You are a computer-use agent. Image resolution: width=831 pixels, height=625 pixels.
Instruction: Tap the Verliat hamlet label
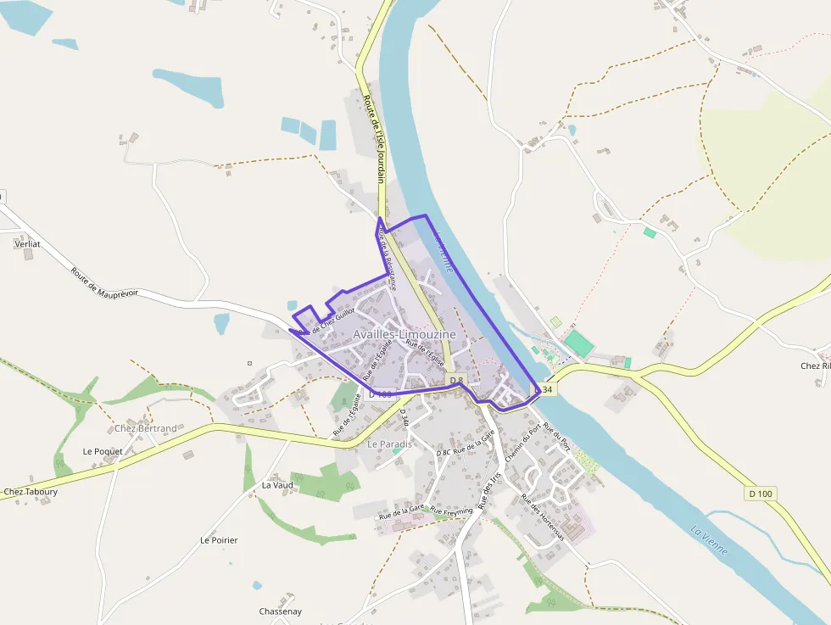28,244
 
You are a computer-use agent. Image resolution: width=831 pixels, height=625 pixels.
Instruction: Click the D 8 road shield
455,380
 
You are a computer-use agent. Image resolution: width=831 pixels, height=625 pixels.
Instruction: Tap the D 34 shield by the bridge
545,389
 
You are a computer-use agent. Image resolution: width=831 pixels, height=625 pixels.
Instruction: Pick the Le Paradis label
389,444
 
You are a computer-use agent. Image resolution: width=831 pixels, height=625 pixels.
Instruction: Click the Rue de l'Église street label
426,351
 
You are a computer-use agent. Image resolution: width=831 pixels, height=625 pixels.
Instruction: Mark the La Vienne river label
709,541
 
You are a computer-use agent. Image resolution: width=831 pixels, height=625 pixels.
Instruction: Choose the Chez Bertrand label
146,428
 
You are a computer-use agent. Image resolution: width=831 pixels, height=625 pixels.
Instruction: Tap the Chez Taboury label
31,492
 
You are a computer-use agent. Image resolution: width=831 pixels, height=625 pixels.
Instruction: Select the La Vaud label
277,485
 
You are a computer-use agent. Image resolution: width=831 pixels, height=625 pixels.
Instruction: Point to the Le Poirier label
219,540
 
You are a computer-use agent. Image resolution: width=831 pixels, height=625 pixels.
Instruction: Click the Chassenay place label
281,611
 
